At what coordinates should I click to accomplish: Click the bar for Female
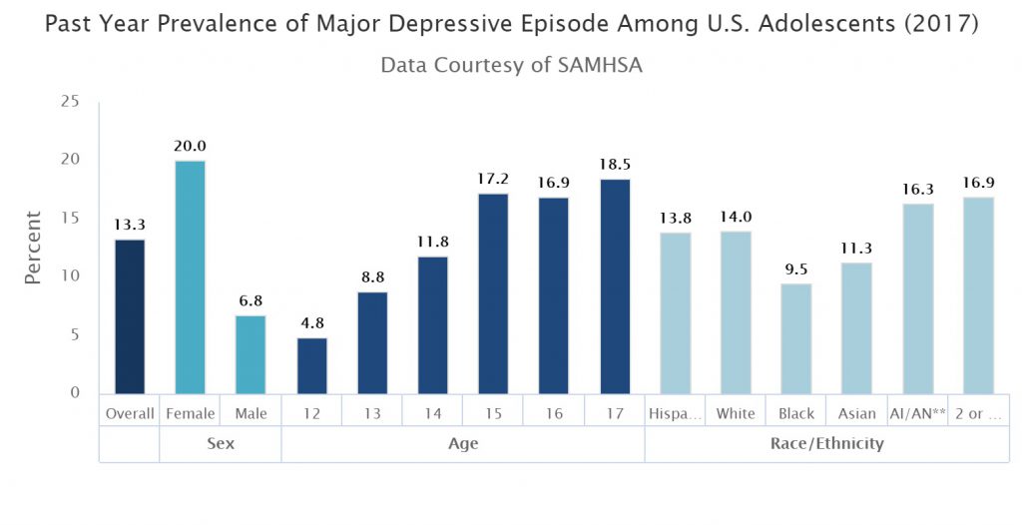pos(190,276)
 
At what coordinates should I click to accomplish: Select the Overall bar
pos(129,316)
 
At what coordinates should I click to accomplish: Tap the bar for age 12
pos(311,365)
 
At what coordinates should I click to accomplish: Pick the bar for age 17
pos(615,286)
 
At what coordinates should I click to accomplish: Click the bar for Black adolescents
pos(796,338)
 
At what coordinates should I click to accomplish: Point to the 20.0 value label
pos(190,146)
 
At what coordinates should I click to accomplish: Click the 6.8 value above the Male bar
pos(251,300)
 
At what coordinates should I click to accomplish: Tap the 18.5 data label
pos(615,164)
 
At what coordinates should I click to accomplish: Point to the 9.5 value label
pos(796,268)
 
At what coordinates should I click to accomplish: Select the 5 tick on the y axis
pos(75,334)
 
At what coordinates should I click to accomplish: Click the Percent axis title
pos(34,247)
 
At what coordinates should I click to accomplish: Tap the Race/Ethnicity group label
pos(826,443)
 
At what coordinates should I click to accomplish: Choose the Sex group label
pos(221,443)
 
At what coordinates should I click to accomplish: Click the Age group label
pos(463,443)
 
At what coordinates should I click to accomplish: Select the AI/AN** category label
pos(917,413)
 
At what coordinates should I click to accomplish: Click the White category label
pos(736,413)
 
